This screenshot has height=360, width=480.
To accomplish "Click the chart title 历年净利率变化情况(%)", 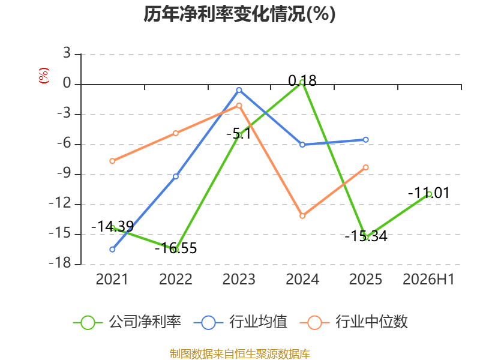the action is (x=239, y=14).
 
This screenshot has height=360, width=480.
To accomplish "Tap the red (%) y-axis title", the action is (x=43, y=76).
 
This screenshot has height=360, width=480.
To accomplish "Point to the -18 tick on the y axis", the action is (x=60, y=263).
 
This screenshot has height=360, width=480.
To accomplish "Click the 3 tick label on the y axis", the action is (x=67, y=53).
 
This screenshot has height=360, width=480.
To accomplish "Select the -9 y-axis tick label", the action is (x=64, y=173).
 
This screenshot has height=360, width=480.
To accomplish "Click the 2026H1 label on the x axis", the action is (x=428, y=279).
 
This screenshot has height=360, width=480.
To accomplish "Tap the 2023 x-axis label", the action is (x=239, y=279).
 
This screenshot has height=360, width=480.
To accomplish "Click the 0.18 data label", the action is (x=302, y=81).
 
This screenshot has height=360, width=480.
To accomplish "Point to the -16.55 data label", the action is (x=176, y=248).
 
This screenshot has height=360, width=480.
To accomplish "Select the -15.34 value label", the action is (x=366, y=236).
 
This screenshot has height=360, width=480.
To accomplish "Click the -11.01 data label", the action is (x=429, y=193).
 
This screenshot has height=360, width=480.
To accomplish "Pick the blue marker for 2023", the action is (x=239, y=90).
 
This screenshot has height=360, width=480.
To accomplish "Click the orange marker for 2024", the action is (x=302, y=216).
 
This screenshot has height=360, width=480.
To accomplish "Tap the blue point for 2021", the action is (x=112, y=250).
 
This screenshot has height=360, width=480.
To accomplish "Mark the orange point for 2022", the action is (x=176, y=133).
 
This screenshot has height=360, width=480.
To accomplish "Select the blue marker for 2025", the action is (x=366, y=140).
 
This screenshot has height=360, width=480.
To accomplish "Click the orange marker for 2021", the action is (x=112, y=161).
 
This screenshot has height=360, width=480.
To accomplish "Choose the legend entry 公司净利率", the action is (x=127, y=322).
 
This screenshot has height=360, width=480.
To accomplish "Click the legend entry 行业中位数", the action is (x=354, y=322).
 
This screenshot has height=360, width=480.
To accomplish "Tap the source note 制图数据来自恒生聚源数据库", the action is (x=240, y=354).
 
